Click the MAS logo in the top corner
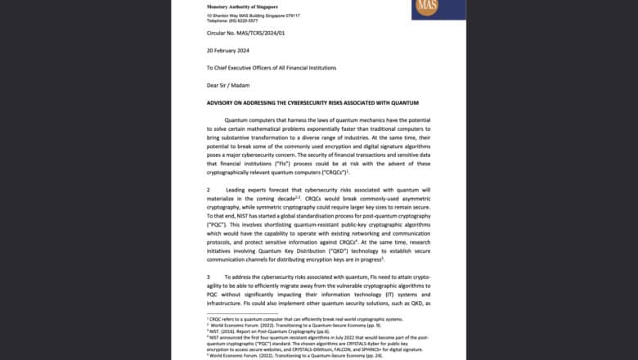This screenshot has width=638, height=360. pos(428,9)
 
